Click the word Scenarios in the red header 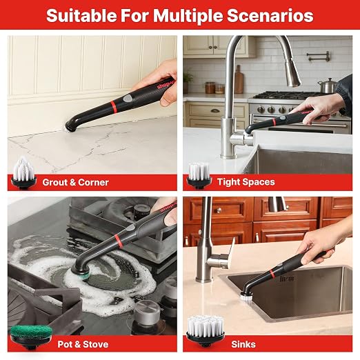270,16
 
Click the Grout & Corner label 75,182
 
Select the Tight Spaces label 246,182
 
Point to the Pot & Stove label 83,344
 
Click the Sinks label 243,344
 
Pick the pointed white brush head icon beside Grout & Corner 23,172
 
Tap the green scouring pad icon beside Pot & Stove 31,336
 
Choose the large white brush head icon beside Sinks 206,331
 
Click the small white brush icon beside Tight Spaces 199,175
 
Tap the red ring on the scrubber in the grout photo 114,107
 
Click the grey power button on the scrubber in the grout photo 128,99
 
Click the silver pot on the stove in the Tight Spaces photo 327,86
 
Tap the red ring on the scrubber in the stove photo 117,239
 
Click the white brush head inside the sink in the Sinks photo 246,297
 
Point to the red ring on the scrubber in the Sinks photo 272,273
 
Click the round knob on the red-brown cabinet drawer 219,210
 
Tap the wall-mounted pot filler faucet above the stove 319,57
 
